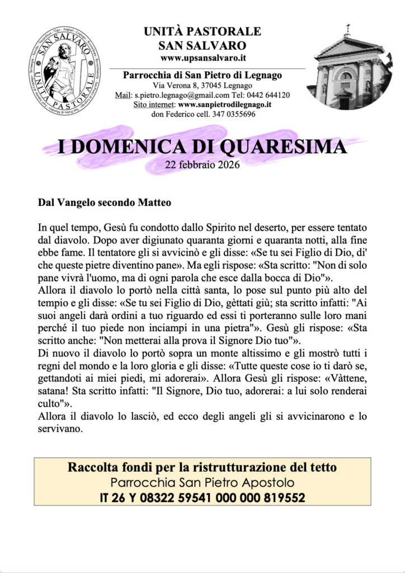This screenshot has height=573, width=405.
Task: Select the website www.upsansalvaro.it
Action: tap(202, 58)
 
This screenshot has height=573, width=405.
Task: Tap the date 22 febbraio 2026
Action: tap(202, 165)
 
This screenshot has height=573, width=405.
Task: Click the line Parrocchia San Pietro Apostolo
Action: tap(202, 482)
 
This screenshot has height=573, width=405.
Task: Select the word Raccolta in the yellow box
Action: tap(91, 467)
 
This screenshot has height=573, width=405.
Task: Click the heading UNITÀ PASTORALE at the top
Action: tap(202, 31)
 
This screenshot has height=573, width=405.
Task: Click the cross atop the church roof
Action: tap(347, 28)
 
